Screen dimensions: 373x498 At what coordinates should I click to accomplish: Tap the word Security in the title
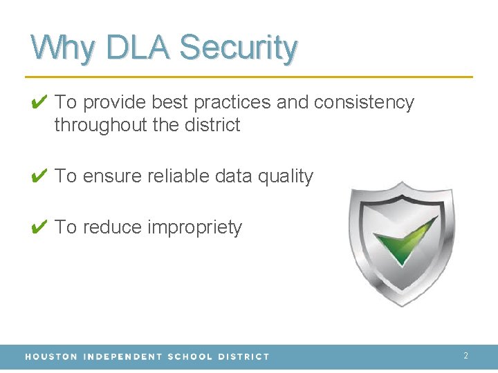tap(239, 48)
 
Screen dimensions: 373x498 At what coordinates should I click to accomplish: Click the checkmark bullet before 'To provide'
tap(39, 103)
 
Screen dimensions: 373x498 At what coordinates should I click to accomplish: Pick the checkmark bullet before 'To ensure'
tap(39, 177)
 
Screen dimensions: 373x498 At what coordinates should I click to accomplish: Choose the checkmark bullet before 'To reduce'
tap(39, 228)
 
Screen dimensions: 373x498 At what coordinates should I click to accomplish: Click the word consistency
tap(364, 103)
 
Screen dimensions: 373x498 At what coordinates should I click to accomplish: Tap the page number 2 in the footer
tap(465, 356)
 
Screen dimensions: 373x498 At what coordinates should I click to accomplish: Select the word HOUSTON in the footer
tap(51, 356)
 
